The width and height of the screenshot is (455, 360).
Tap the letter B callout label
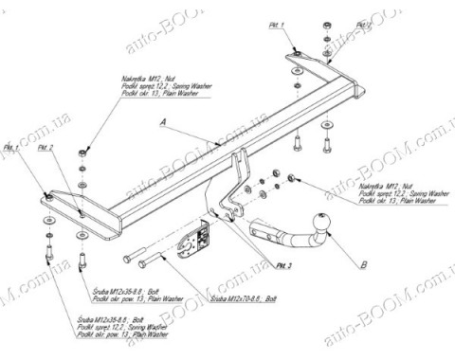[364, 256]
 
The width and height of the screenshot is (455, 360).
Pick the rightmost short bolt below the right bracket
[329, 143]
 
